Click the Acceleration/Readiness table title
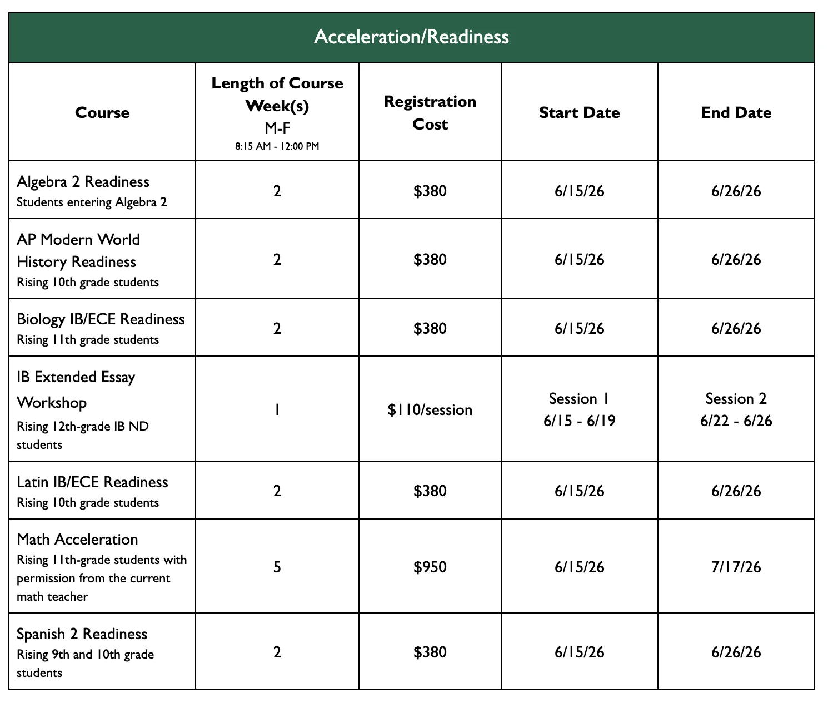click(411, 37)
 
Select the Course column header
click(102, 113)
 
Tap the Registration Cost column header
click(430, 113)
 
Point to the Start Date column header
click(579, 113)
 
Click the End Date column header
click(736, 113)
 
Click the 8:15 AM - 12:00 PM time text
click(277, 147)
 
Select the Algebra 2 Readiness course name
click(83, 182)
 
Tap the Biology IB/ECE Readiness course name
click(101, 319)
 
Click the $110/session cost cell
click(430, 410)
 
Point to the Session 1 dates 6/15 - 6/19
click(579, 421)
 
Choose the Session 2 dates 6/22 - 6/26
click(736, 421)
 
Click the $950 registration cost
click(430, 567)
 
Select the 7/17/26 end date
click(736, 567)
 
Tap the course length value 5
click(277, 567)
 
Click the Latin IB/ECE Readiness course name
click(92, 482)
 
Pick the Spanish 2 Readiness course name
click(82, 634)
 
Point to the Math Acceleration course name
click(77, 540)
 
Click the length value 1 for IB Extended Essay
click(277, 410)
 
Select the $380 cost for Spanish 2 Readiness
click(430, 652)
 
